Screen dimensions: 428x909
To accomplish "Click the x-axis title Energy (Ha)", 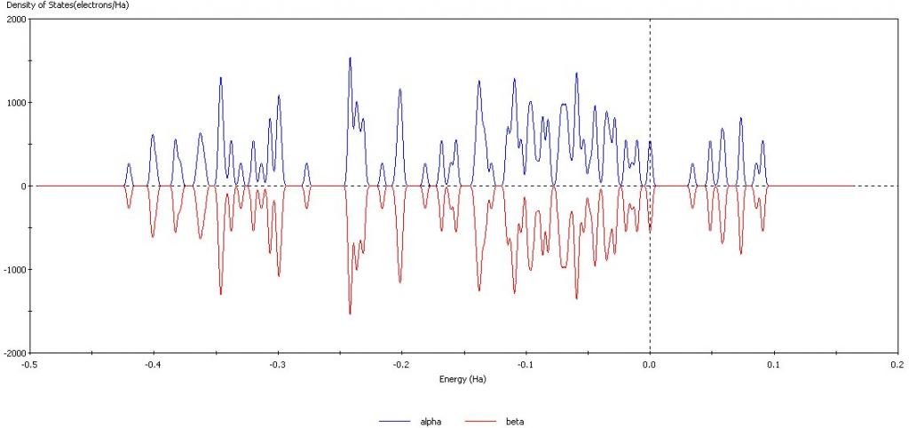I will [x=462, y=378].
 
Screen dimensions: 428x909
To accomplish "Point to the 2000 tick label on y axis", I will [x=16, y=19].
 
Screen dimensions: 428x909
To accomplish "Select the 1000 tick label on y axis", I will [x=16, y=102].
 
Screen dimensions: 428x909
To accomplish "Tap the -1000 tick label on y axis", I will [x=14, y=269].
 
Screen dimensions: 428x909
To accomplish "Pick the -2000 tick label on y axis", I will [x=14, y=353].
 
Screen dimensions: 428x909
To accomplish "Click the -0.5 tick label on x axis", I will [x=29, y=364].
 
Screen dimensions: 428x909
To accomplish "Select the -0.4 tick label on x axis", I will [x=154, y=364].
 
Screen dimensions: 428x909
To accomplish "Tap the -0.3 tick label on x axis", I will [x=278, y=364].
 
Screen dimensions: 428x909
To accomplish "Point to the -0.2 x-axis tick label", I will [x=401, y=364].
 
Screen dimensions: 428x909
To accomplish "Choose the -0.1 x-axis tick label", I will [x=526, y=364].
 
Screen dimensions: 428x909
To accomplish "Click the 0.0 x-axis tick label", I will [x=651, y=364].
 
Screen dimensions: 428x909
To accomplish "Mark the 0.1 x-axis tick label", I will [x=774, y=364].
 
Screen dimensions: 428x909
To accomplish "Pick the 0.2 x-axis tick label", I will [x=898, y=364].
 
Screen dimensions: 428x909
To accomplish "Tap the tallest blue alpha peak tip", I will [x=350, y=58].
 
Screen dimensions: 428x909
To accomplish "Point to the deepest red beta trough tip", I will [x=350, y=313].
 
